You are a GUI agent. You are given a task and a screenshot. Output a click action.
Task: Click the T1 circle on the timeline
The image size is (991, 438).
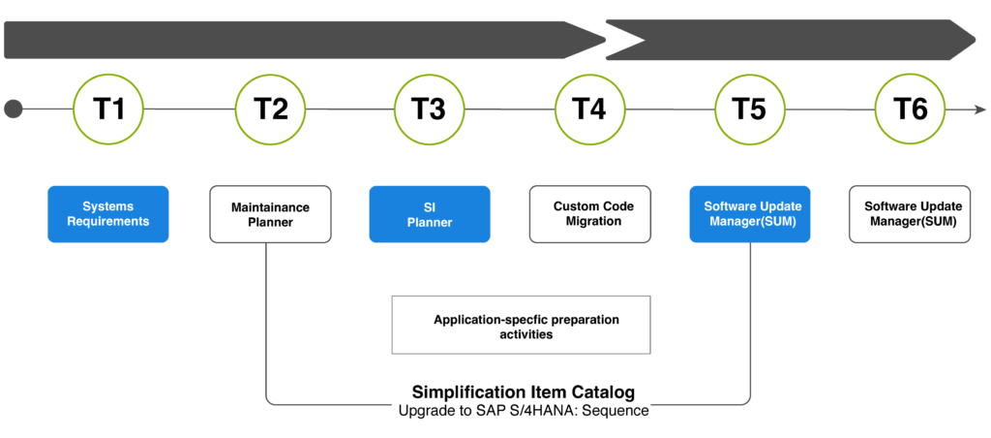pyautogui.click(x=108, y=109)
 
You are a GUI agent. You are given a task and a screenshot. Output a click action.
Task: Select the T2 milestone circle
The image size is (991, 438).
pyautogui.click(x=270, y=109)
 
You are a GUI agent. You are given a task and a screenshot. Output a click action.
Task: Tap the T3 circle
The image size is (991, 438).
pyautogui.click(x=429, y=109)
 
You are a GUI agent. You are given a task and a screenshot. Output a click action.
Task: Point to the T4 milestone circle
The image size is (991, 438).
pyautogui.click(x=589, y=109)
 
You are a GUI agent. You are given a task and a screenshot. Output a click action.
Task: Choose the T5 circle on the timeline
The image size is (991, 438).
pyautogui.click(x=750, y=109)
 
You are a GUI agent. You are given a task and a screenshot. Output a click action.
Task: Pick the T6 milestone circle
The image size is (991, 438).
pyautogui.click(x=910, y=109)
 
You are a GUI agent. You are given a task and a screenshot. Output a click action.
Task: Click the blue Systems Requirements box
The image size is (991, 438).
pyautogui.click(x=108, y=214)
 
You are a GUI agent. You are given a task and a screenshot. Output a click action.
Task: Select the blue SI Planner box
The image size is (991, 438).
pyautogui.click(x=430, y=214)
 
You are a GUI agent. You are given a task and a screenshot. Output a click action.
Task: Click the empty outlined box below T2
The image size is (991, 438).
pyautogui.click(x=270, y=214)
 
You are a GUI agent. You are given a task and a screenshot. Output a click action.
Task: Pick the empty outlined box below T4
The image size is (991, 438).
pyautogui.click(x=589, y=214)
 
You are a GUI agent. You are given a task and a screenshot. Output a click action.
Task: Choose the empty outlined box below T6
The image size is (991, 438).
pyautogui.click(x=910, y=214)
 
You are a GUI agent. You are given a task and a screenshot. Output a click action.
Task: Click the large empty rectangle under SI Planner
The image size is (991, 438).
pyautogui.click(x=521, y=325)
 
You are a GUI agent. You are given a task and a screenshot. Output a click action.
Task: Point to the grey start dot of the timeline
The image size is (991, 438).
pyautogui.click(x=14, y=109)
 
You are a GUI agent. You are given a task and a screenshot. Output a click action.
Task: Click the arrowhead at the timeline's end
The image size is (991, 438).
pyautogui.click(x=980, y=109)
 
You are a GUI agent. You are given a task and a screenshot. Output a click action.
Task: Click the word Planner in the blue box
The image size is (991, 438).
pyautogui.click(x=430, y=223)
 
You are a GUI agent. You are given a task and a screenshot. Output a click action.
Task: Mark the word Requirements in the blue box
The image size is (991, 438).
pyautogui.click(x=108, y=222)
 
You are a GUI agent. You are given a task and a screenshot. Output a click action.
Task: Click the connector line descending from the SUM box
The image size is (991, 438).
pyautogui.click(x=751, y=320)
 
